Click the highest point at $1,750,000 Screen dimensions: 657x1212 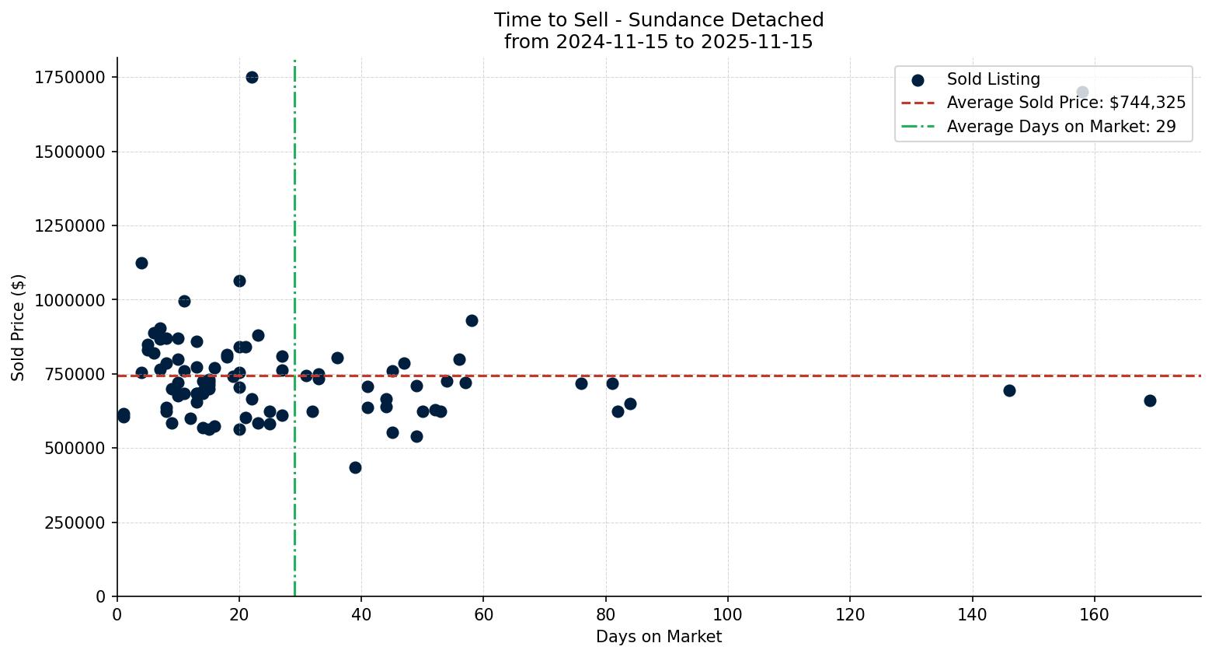pyautogui.click(x=252, y=77)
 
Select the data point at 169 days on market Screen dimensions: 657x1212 pyautogui.click(x=1150, y=400)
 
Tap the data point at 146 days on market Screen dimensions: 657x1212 pyautogui.click(x=1009, y=390)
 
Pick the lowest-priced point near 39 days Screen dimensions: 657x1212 pyautogui.click(x=355, y=467)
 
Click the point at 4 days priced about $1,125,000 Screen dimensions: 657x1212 pyautogui.click(x=141, y=263)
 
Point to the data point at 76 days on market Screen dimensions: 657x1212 pyautogui.click(x=581, y=383)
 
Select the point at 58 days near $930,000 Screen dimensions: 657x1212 pyautogui.click(x=472, y=320)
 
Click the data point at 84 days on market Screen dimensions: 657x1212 pyautogui.click(x=630, y=404)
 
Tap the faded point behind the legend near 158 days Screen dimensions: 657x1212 pyautogui.click(x=1082, y=92)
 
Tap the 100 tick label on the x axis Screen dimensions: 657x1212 pyautogui.click(x=728, y=614)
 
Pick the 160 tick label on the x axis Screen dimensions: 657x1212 pyautogui.click(x=1094, y=614)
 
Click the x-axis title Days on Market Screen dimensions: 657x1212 pyautogui.click(x=658, y=637)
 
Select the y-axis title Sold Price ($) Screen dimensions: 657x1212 pyautogui.click(x=19, y=327)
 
